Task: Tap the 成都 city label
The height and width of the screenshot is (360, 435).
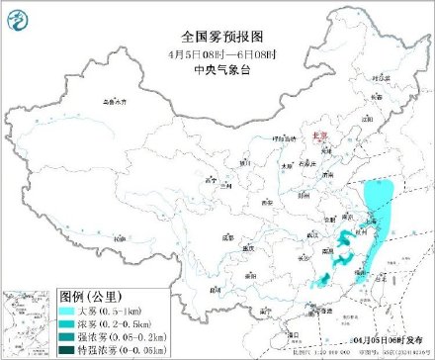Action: (x=228, y=237)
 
